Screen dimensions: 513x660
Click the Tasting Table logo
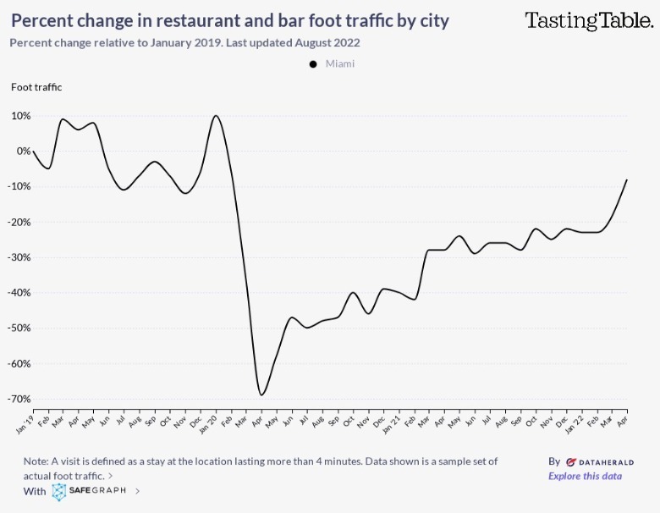pyautogui.click(x=588, y=20)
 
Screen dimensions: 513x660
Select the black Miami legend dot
pyautogui.click(x=313, y=64)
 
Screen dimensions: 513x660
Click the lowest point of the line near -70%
pyautogui.click(x=261, y=395)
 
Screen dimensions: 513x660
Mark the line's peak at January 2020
pyautogui.click(x=216, y=116)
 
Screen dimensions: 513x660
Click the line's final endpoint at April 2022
pyautogui.click(x=627, y=179)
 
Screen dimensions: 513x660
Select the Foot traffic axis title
pyautogui.click(x=36, y=86)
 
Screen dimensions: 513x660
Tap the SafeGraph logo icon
pyautogui.click(x=59, y=491)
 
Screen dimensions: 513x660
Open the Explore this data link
pyautogui.click(x=585, y=476)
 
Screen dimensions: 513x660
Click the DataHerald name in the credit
pyautogui.click(x=598, y=462)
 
